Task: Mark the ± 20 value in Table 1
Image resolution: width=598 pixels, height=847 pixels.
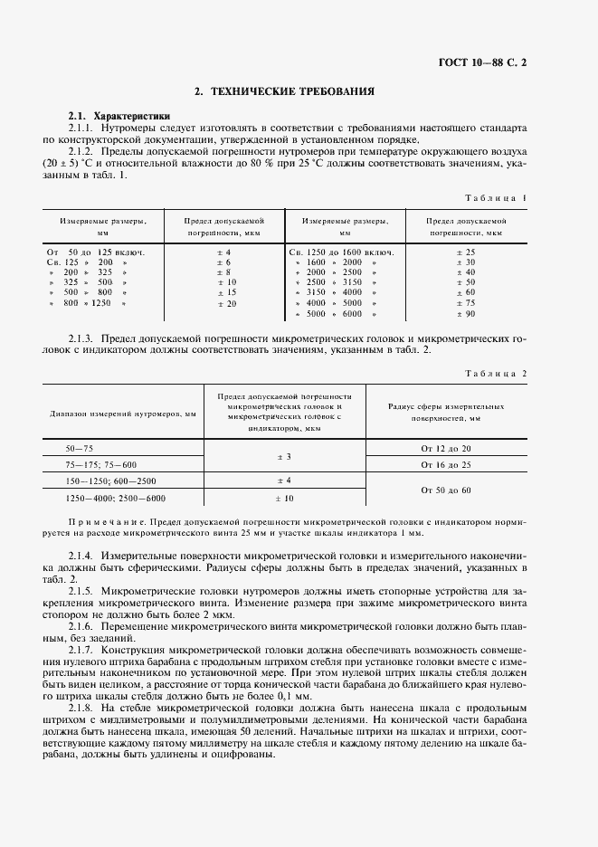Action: [x=225, y=304]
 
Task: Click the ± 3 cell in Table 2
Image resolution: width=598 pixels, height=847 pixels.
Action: [x=284, y=457]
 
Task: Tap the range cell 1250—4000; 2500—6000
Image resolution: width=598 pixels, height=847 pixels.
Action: [x=115, y=498]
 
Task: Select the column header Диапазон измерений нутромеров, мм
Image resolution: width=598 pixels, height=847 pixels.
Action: [x=122, y=414]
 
